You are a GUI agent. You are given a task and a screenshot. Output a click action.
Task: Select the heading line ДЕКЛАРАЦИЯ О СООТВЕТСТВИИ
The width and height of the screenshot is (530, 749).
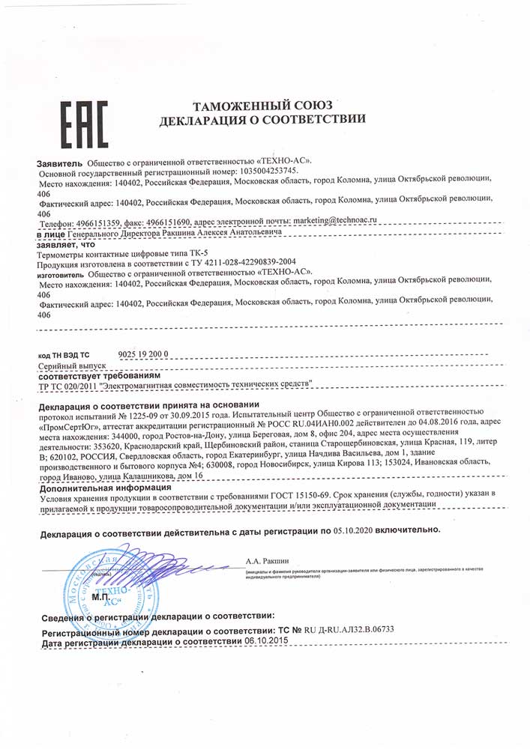tap(262, 119)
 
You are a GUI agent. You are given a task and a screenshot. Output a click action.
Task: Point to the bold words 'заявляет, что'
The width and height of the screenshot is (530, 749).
tap(66, 244)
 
